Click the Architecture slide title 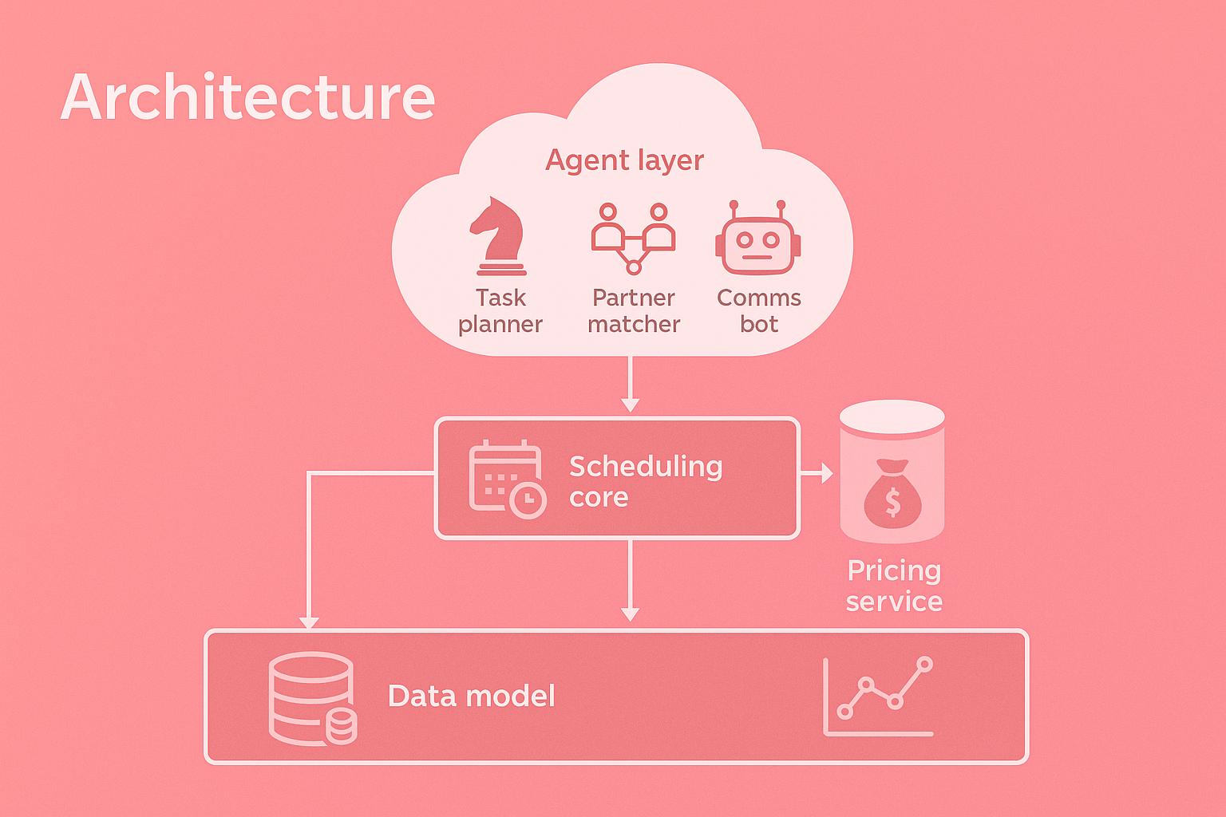[x=247, y=97]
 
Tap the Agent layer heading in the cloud [x=624, y=160]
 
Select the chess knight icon [x=499, y=236]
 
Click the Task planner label [x=500, y=310]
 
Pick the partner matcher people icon [x=633, y=237]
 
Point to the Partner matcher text [x=634, y=310]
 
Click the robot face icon [x=757, y=239]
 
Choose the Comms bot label [x=758, y=310]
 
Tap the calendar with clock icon [x=507, y=479]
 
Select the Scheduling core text [x=645, y=480]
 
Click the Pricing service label [x=894, y=586]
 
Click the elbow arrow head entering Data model [x=309, y=622]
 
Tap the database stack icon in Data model [x=312, y=699]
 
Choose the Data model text [x=471, y=697]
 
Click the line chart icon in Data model [x=879, y=697]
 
